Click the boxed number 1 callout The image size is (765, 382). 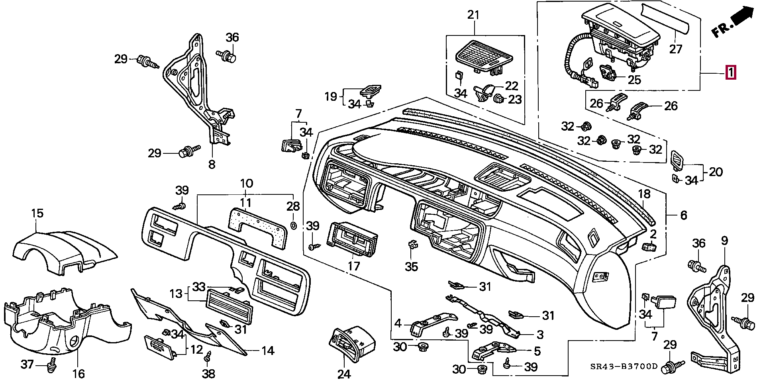[731, 73]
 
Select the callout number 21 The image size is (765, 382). [473, 16]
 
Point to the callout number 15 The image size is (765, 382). [37, 213]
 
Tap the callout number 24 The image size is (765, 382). [344, 374]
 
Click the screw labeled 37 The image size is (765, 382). [51, 364]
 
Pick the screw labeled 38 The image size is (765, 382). [207, 358]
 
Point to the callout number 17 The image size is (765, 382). [353, 266]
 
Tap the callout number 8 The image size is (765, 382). [212, 164]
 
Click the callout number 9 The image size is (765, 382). [724, 241]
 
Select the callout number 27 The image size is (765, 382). [676, 49]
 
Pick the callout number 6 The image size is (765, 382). [683, 215]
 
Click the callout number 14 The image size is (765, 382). [268, 351]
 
